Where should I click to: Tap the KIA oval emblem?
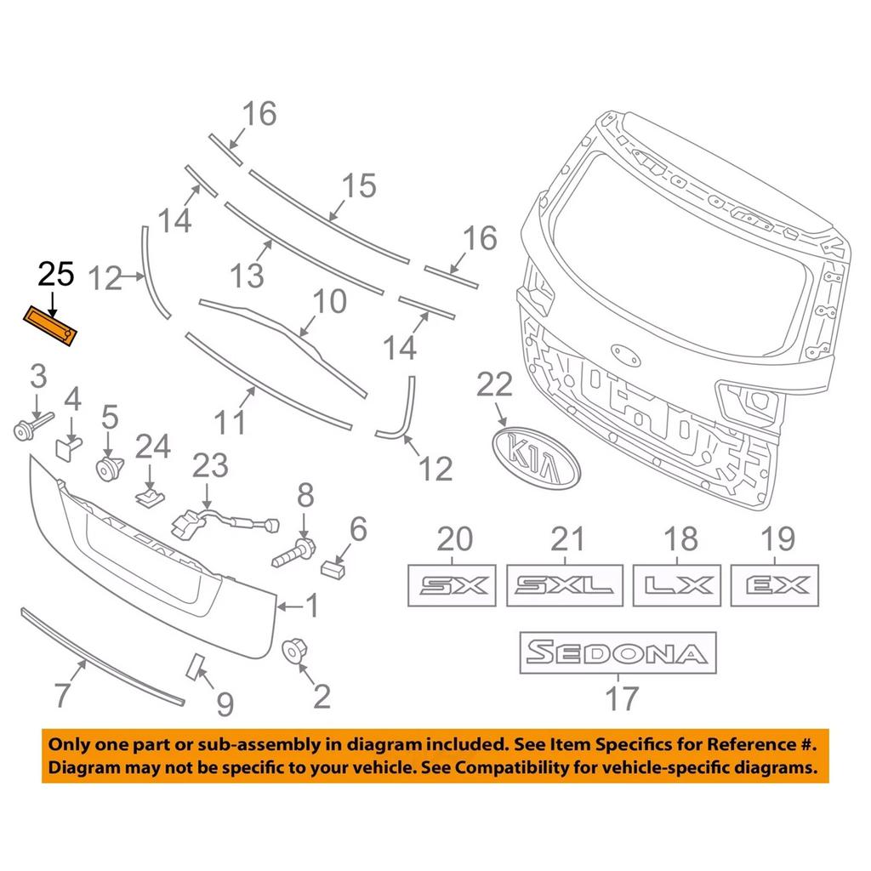536,458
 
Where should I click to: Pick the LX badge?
676,585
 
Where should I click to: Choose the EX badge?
775,585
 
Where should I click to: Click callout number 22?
494,385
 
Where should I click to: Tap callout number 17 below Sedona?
621,698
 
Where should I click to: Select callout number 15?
359,185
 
